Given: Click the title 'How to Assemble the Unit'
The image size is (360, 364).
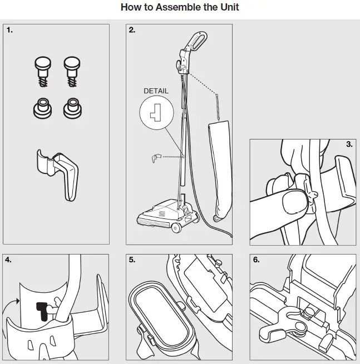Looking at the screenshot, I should point(180,8).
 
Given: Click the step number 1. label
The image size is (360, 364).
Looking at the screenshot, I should point(9,31).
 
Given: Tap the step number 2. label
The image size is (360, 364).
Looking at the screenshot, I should point(132,31).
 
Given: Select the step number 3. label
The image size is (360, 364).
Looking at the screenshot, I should point(349,144).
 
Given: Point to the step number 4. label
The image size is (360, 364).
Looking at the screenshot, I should point(9,260).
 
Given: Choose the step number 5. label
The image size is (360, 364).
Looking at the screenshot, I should point(132,260).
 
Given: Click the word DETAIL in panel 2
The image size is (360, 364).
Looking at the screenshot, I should point(156,91).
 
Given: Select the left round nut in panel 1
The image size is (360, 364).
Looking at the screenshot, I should point(42,107).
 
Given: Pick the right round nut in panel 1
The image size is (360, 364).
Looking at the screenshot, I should point(71,107).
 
